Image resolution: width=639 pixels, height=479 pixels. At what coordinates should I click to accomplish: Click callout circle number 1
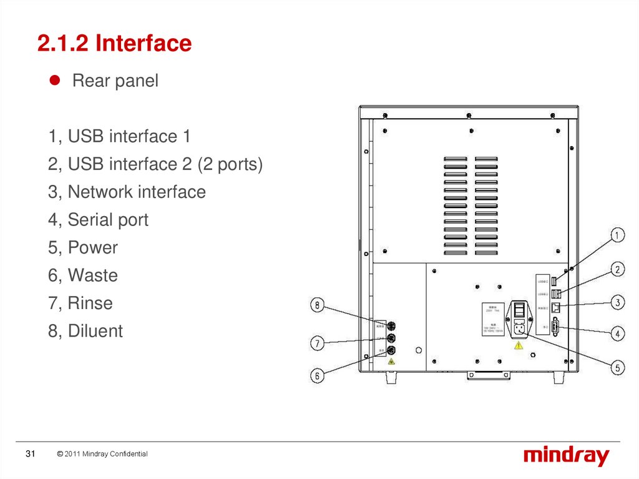(617, 235)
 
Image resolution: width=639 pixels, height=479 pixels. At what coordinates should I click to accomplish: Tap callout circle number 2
(617, 270)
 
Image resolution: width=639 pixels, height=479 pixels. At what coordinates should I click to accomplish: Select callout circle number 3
(617, 302)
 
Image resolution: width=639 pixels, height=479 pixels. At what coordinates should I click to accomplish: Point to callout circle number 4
(617, 334)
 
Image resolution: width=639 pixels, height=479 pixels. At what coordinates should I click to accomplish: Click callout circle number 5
(617, 368)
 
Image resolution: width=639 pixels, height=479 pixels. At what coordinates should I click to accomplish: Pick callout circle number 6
(318, 375)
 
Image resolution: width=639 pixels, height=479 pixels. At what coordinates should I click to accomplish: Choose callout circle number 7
(318, 343)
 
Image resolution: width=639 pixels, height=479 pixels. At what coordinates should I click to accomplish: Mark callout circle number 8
(318, 305)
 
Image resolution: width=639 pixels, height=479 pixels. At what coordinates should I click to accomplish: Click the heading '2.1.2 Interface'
(114, 43)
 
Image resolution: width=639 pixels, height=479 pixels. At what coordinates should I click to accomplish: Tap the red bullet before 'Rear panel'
(54, 81)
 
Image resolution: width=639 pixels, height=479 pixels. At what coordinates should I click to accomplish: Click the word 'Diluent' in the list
(95, 331)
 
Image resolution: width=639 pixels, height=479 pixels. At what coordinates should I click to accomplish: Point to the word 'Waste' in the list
(92, 275)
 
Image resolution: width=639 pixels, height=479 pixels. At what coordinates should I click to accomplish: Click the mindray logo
(566, 456)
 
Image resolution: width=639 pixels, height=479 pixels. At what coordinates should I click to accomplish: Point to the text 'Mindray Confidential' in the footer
(115, 454)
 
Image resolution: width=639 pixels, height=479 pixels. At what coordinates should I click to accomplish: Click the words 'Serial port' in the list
(108, 220)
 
